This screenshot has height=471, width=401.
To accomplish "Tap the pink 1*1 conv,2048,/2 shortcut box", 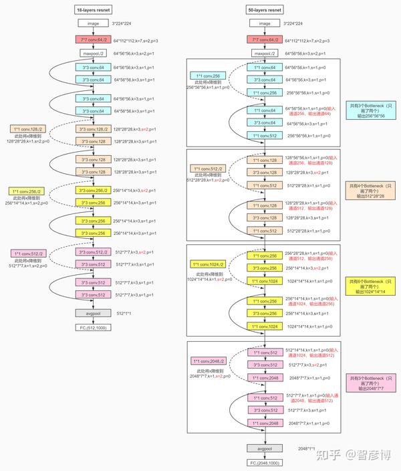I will coord(208,361).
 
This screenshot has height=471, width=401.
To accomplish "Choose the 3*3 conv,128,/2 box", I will coord(92,129).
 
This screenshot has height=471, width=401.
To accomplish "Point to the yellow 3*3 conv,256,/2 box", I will coord(92,191).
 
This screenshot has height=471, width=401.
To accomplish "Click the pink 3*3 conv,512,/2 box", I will coord(92,252).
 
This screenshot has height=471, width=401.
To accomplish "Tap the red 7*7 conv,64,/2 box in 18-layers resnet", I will coord(92,39).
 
